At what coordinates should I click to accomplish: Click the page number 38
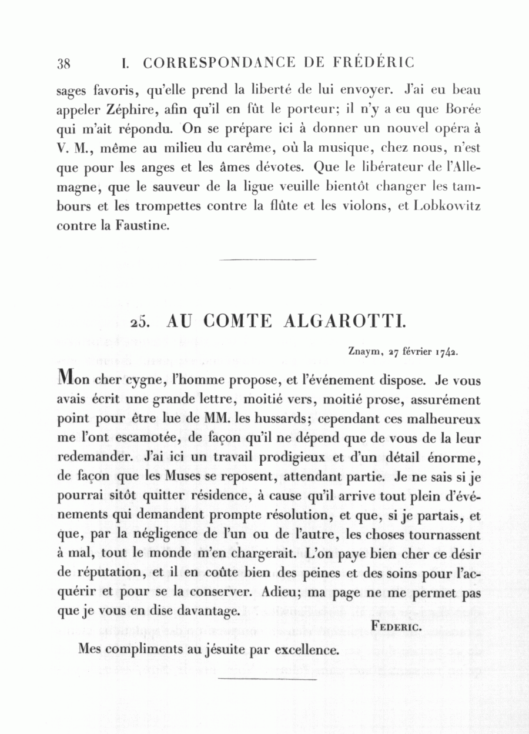tap(63, 64)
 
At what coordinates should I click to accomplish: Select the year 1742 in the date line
tap(447, 353)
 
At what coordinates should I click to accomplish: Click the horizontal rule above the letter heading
tap(267, 259)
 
